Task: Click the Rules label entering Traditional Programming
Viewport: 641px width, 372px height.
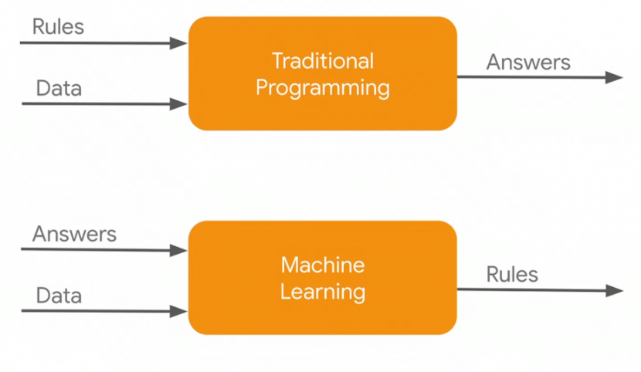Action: [x=58, y=27]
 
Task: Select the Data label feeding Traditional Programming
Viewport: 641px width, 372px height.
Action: [x=59, y=89]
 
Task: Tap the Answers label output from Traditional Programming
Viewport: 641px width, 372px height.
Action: [x=528, y=62]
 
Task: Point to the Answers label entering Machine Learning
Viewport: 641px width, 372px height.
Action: [x=74, y=233]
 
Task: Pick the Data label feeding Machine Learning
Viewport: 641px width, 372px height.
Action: [x=59, y=296]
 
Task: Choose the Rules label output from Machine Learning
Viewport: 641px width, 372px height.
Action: [x=512, y=274]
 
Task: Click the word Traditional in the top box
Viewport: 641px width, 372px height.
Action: [x=323, y=61]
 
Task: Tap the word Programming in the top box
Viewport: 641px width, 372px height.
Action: [x=323, y=88]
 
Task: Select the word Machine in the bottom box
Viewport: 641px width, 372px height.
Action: [x=323, y=265]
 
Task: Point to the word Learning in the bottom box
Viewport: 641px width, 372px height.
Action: [x=323, y=292]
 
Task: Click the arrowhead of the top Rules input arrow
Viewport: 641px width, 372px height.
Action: [x=181, y=43]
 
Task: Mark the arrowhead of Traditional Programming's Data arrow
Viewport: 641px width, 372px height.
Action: [x=181, y=103]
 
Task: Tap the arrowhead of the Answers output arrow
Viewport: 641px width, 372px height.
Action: [x=616, y=77]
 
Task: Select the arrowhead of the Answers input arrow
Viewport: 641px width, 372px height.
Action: [x=181, y=250]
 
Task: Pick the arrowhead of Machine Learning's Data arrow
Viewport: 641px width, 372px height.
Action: [x=181, y=311]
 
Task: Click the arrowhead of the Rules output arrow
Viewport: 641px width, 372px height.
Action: [x=616, y=290]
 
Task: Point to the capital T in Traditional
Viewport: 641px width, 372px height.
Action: [x=278, y=61]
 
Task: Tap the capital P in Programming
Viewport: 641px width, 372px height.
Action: [x=262, y=87]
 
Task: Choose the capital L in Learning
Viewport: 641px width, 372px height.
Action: [x=285, y=292]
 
